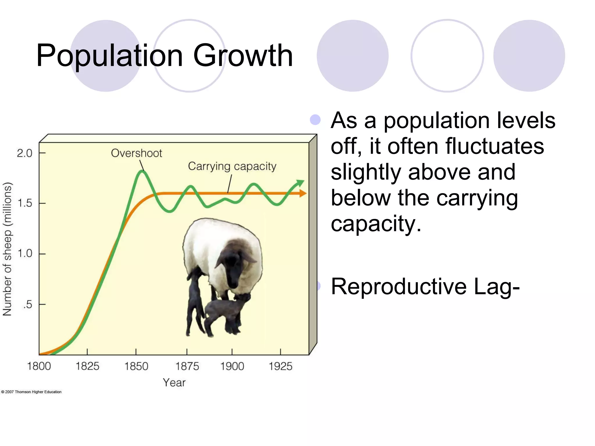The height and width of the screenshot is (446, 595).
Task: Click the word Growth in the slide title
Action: [x=243, y=55]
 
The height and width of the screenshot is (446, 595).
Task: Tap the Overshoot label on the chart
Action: [x=136, y=153]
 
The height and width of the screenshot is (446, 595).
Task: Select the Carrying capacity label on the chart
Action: [x=232, y=166]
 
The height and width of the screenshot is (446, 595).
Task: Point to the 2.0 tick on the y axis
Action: [x=25, y=153]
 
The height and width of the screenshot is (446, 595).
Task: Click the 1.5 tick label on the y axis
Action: [x=25, y=203]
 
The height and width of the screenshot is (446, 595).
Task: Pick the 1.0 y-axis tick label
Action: [x=25, y=253]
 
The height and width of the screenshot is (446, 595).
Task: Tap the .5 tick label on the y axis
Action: [x=28, y=304]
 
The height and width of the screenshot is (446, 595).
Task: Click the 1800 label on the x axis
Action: [x=39, y=366]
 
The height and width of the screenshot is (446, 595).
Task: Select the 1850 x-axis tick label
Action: [x=136, y=366]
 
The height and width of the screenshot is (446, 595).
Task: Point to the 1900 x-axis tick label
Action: [x=232, y=366]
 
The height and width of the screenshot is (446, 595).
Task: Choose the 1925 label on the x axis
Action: [x=280, y=366]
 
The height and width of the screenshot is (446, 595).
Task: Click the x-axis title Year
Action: [x=174, y=382]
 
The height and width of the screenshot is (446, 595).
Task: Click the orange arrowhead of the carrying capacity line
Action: [x=303, y=193]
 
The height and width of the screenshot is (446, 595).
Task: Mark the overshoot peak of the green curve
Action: [x=142, y=172]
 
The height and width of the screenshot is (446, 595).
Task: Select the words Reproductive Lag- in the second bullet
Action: [x=425, y=286]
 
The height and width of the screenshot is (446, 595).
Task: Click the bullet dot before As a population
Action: [x=315, y=120]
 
